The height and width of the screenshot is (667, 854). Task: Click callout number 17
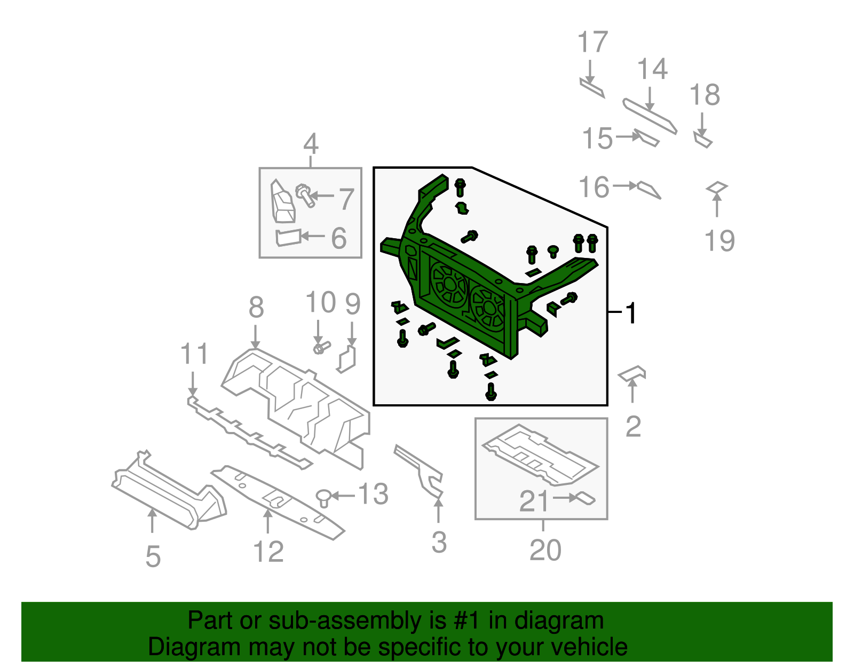tap(592, 43)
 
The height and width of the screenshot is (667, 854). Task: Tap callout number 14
tap(652, 69)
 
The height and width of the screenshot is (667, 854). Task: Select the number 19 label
tap(719, 241)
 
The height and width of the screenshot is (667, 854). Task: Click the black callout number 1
tap(631, 313)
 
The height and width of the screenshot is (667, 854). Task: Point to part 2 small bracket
tap(632, 373)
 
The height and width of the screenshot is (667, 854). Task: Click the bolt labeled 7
tap(305, 195)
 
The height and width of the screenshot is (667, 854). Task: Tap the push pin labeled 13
tap(323, 498)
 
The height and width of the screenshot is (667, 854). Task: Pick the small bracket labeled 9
tap(347, 359)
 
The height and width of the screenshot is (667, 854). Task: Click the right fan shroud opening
tap(487, 309)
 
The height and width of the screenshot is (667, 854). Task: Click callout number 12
tap(268, 552)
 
